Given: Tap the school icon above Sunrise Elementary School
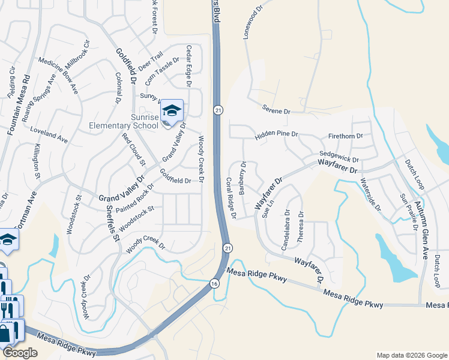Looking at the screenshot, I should (172, 110).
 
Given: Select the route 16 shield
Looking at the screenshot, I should (214, 283).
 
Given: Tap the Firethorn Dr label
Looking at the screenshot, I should (346, 136).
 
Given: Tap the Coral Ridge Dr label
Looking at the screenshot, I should (231, 193).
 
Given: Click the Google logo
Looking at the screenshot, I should (20, 353).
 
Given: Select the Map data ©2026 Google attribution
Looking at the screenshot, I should (411, 355).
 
